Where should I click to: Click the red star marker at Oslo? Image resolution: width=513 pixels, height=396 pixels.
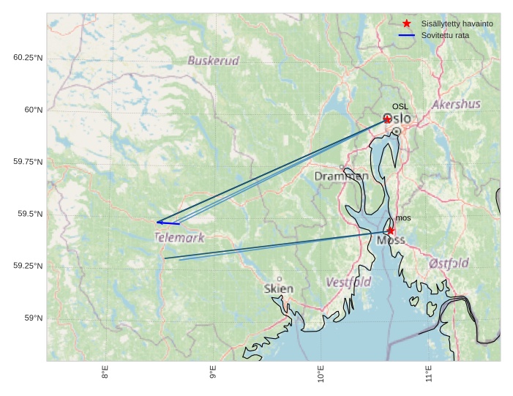tap(387, 119)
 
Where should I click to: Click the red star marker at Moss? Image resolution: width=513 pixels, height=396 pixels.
tap(391, 231)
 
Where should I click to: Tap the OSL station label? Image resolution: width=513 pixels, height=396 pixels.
tap(400, 107)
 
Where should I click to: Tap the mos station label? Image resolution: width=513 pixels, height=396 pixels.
tap(403, 218)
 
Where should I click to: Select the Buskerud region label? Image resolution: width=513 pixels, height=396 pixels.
tap(213, 61)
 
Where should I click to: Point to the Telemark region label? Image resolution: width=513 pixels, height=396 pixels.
tap(179, 238)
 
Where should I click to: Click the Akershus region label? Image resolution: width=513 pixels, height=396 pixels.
tap(456, 105)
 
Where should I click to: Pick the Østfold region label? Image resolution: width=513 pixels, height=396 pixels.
tap(449, 263)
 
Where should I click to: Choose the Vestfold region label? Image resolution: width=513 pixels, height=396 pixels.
tap(348, 282)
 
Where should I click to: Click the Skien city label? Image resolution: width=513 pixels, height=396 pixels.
tap(279, 288)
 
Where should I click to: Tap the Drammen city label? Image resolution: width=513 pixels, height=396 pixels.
tap(341, 176)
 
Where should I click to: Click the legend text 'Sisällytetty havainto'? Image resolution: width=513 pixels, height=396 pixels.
tap(457, 24)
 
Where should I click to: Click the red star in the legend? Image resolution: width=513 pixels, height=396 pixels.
tap(407, 23)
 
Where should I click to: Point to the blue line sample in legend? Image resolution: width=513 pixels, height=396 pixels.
tap(407, 35)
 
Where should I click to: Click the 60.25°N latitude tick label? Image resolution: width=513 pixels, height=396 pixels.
tap(28, 58)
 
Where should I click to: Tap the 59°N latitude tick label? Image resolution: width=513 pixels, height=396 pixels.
tap(34, 318)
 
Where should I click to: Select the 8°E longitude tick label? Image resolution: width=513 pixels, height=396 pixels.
tap(105, 373)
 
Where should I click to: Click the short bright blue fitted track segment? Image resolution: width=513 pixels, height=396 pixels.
tap(168, 223)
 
